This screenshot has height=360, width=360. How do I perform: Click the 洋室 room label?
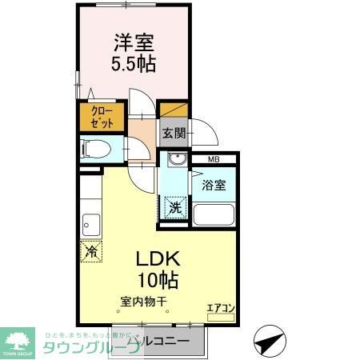click(x=133, y=42)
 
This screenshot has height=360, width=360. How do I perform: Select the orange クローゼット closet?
click(x=101, y=117)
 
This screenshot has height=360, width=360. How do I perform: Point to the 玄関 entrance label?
click(x=174, y=134)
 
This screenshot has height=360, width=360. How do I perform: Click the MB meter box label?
click(x=213, y=160)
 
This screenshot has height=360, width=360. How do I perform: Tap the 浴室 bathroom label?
click(x=214, y=185)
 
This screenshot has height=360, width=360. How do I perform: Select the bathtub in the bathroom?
click(x=213, y=215)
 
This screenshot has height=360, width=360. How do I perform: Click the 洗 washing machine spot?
click(x=174, y=207)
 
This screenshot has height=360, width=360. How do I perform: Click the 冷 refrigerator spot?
click(x=91, y=250)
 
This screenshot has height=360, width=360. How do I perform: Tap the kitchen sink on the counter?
click(x=90, y=224)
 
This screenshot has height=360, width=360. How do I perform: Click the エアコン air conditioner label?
click(x=220, y=306)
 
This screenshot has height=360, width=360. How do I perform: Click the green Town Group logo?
click(x=18, y=340)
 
